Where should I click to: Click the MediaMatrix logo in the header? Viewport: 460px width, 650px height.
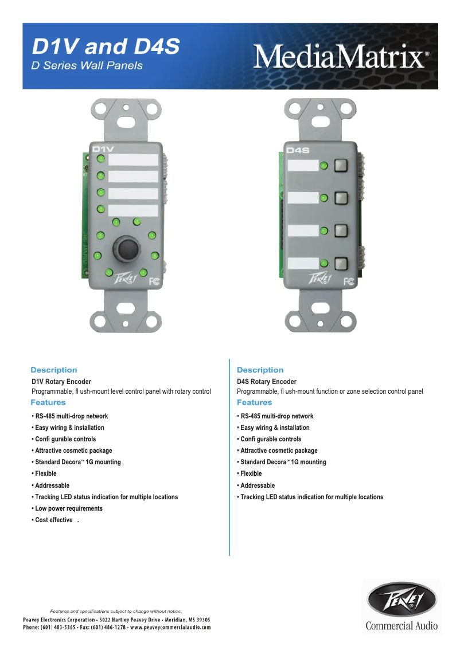click(341, 56)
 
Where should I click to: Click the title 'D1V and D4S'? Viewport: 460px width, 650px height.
click(106, 46)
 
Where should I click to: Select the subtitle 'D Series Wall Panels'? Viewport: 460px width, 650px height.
click(87, 65)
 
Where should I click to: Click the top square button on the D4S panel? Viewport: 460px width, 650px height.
click(341, 166)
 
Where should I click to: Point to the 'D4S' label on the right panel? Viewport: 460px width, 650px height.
click(298, 151)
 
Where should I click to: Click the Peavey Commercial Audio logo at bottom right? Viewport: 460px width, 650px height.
click(401, 605)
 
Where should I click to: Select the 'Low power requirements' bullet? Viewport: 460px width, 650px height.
click(69, 508)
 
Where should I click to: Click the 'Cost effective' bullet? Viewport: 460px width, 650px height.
click(54, 520)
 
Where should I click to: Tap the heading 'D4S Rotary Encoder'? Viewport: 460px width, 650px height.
click(267, 382)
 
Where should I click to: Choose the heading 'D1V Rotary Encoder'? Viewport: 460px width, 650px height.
click(61, 382)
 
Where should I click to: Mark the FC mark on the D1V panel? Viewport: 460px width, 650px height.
click(154, 281)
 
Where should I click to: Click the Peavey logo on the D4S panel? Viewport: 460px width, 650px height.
click(320, 279)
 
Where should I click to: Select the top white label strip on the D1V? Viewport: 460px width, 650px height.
click(133, 159)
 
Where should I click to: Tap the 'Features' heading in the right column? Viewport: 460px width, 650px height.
click(254, 402)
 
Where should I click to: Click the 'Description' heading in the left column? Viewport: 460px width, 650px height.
click(53, 370)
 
